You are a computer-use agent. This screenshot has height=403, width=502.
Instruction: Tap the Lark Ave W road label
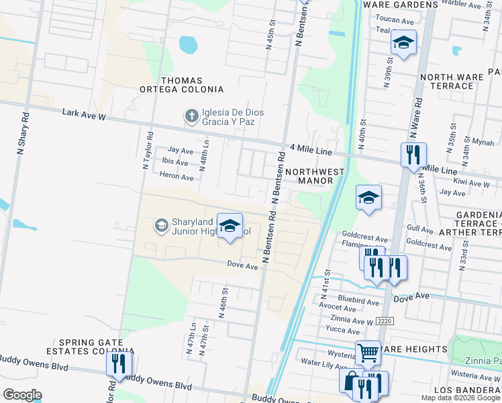(84, 116)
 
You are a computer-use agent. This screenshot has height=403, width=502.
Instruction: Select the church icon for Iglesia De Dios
(191, 116)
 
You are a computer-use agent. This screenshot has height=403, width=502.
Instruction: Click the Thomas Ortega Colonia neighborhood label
(181, 85)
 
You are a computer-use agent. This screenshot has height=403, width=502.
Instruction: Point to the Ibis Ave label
(175, 162)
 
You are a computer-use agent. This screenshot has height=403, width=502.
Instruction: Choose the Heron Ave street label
(177, 176)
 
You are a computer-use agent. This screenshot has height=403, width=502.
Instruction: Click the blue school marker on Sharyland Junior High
(230, 226)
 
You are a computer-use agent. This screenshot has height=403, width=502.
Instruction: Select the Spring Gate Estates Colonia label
(91, 347)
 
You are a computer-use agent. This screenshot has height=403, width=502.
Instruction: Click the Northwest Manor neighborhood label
(315, 176)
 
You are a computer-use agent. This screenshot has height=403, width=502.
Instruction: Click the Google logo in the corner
(21, 394)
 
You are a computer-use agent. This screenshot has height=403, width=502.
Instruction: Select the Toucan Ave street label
(395, 21)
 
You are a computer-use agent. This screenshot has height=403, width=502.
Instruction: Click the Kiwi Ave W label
(472, 183)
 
